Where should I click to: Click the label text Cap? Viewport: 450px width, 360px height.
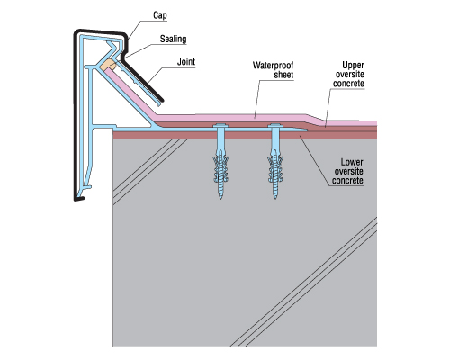tap(160, 15)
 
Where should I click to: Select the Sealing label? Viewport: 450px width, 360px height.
tap(173, 39)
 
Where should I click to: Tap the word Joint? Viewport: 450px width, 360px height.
tap(186, 62)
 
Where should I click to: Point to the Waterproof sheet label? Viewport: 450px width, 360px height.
tap(273, 70)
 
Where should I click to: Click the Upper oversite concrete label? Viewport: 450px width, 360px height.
tap(349, 75)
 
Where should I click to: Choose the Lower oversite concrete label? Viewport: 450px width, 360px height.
tap(347, 171)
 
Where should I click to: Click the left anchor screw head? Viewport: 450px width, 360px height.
tap(220, 126)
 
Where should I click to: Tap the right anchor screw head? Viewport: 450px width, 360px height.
tap(275, 126)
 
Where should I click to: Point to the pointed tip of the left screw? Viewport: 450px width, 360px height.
tap(220, 199)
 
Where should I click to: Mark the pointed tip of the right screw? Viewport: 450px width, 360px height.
tap(275, 199)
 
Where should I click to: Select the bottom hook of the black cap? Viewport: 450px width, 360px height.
tap(79, 198)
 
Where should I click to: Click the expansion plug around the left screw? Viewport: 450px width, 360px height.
tap(220, 169)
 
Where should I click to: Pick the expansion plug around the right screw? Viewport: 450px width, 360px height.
tap(275, 169)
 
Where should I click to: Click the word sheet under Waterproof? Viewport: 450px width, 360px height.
tap(283, 75)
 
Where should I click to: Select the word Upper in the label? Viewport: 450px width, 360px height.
tap(354, 65)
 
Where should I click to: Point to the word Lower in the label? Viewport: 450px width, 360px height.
tap(352, 162)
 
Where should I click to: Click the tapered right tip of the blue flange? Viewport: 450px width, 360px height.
tap(306, 130)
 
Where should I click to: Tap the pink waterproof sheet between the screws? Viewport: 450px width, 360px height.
tap(247, 118)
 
